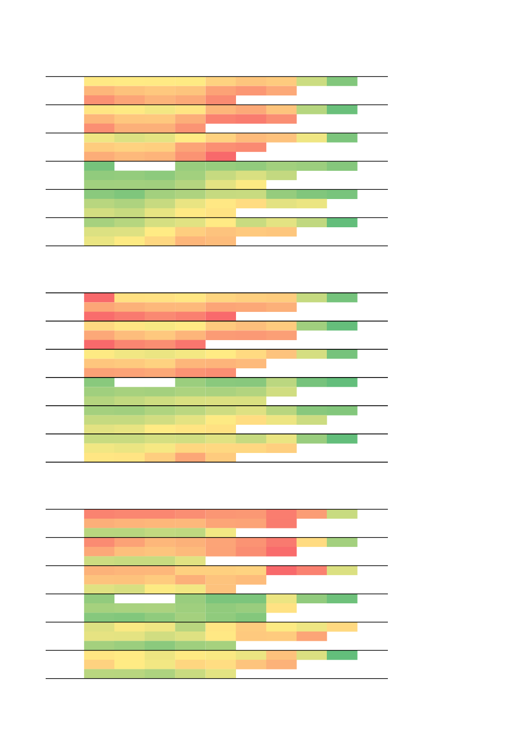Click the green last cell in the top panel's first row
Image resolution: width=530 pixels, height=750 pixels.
pos(342,82)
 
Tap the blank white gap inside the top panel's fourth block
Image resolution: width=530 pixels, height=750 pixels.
pos(145,166)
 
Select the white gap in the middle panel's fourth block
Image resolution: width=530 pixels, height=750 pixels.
pos(145,382)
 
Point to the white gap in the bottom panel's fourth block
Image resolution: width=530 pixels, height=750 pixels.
pos(145,599)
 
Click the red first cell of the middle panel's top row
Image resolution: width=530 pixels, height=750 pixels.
pos(99,298)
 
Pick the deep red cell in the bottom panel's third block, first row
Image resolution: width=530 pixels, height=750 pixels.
pos(281,570)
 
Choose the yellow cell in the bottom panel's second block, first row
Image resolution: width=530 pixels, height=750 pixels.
pos(311,542)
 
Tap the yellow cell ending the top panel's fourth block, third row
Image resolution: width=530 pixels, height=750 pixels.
pos(251,185)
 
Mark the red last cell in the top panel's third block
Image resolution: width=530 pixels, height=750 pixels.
pos(221,156)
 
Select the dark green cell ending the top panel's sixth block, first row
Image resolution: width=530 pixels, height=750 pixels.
pos(342,223)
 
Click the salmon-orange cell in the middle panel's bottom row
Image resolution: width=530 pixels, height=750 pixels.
pos(190,457)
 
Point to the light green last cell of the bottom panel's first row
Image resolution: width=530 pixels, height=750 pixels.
pos(342,514)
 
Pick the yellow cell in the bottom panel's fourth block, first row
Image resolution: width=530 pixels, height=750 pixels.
pos(281,599)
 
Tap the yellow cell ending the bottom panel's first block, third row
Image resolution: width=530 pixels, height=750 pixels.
pos(221,532)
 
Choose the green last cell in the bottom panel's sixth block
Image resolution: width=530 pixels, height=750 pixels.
pos(342,655)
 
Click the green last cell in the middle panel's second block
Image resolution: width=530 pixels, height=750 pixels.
pos(342,326)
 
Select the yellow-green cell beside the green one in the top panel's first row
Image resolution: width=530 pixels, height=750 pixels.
pos(311,82)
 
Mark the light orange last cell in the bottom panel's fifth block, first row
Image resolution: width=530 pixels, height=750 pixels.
pos(342,627)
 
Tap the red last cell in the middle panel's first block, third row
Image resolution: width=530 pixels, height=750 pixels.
pos(221,316)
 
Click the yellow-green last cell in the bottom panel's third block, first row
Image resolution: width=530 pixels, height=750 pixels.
pos(342,570)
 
